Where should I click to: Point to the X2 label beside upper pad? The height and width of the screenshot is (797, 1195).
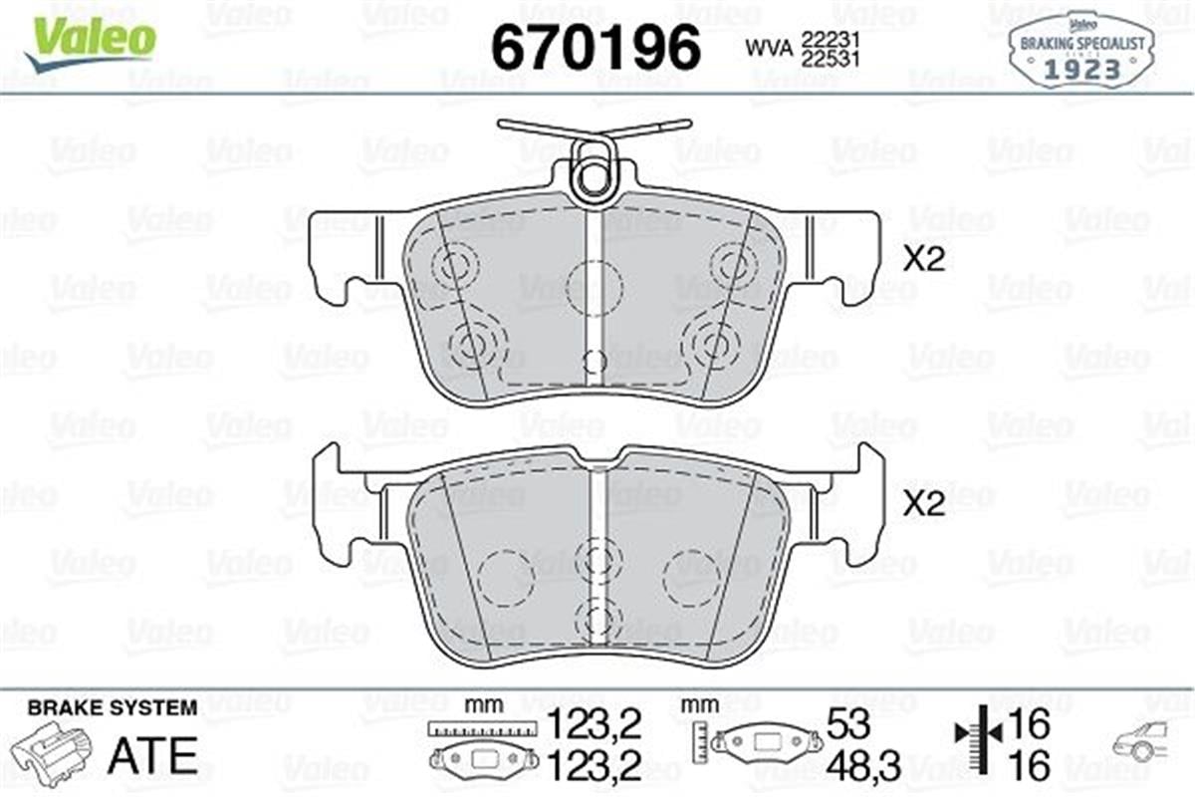[922, 260]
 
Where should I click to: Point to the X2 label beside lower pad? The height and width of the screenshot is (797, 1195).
[922, 505]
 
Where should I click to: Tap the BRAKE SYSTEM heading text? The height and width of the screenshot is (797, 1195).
[112, 708]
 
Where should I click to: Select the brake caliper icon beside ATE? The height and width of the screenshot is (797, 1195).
[59, 756]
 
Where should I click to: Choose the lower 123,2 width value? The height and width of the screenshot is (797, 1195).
[595, 766]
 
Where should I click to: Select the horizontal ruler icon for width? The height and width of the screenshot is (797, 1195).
[475, 730]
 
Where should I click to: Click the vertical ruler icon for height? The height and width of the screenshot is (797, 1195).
[702, 742]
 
